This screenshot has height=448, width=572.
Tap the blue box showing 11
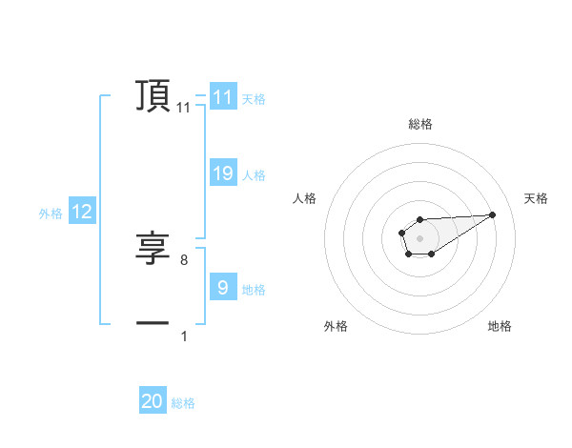pyautogui.click(x=223, y=97)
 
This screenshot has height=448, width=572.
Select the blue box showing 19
pyautogui.click(x=223, y=173)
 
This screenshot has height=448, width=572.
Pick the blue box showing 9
pyautogui.click(x=223, y=287)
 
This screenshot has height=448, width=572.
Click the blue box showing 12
pyautogui.click(x=82, y=213)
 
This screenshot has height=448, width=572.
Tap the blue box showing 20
pyautogui.click(x=153, y=401)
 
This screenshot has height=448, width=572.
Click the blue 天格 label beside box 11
pyautogui.click(x=254, y=98)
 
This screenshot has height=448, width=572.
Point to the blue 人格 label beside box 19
pyautogui.click(x=254, y=174)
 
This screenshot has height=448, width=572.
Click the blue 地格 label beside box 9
pyautogui.click(x=254, y=289)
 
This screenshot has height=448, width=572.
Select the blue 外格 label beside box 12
pyautogui.click(x=51, y=214)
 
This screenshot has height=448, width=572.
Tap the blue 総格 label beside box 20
pyautogui.click(x=183, y=403)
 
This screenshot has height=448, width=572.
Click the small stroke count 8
pyautogui.click(x=184, y=259)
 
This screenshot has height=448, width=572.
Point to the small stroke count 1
pyautogui.click(x=184, y=336)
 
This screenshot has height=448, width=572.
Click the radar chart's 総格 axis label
pyautogui.click(x=420, y=124)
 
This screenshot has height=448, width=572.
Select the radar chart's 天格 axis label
pyautogui.click(x=536, y=198)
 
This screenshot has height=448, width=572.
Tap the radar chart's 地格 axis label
pyautogui.click(x=500, y=326)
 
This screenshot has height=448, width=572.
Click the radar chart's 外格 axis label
pyautogui.click(x=336, y=326)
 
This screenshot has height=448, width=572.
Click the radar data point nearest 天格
pyautogui.click(x=493, y=214)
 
